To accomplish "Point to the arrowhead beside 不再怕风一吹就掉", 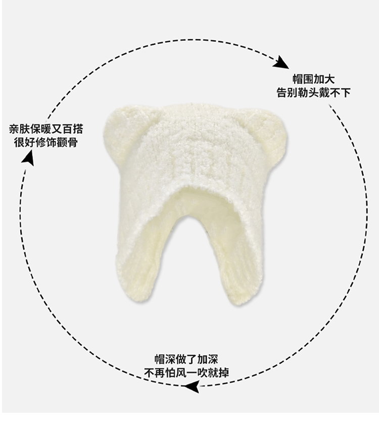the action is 192,387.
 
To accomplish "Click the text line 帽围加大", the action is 313,80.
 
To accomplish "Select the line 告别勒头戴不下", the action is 313,93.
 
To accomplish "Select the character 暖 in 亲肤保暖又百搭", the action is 49,129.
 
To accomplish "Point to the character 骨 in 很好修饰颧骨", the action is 73,142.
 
